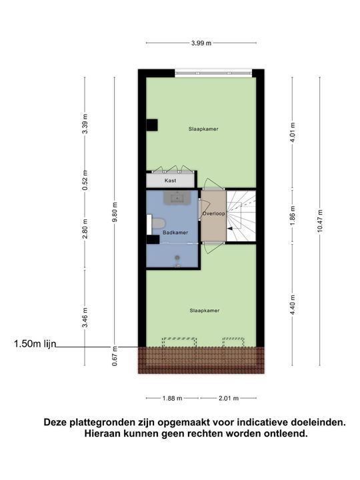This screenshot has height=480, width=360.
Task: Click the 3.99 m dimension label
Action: pos(201,43)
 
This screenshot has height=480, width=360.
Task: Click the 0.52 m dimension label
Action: pos(85,182)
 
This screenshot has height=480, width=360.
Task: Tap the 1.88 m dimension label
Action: pos(173,399)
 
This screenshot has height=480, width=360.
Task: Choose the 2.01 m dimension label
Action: pos(228,399)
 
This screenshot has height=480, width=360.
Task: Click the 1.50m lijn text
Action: pos(35,345)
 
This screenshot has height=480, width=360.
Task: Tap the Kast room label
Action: pos(170,181)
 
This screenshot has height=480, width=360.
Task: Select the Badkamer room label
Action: pos(175,233)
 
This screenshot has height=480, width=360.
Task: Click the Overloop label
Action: pos(213,214)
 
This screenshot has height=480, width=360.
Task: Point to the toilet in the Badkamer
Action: pos(158,223)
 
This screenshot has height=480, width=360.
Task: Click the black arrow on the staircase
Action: pos(231,228)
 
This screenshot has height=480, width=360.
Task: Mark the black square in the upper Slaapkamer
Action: pos(152,125)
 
